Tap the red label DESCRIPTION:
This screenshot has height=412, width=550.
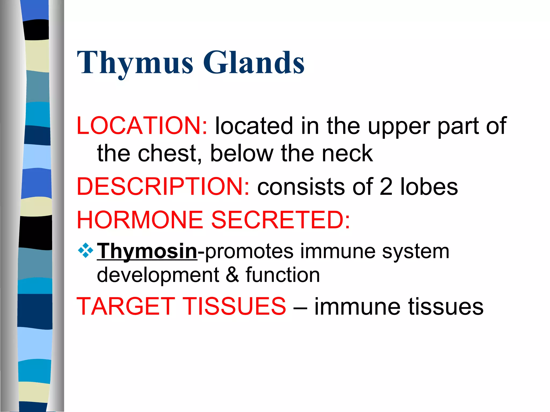point(163,186)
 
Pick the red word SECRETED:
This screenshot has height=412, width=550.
point(281,220)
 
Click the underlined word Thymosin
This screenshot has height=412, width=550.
point(147,251)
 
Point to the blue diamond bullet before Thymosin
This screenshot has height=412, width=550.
point(85,251)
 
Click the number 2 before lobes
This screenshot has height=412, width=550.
point(386,187)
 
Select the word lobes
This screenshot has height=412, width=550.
point(429,187)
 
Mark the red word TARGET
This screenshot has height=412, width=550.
point(126,306)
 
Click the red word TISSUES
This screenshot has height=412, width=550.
point(235,306)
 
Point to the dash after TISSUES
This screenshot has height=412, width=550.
point(300,307)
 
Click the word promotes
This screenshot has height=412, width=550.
point(249,251)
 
